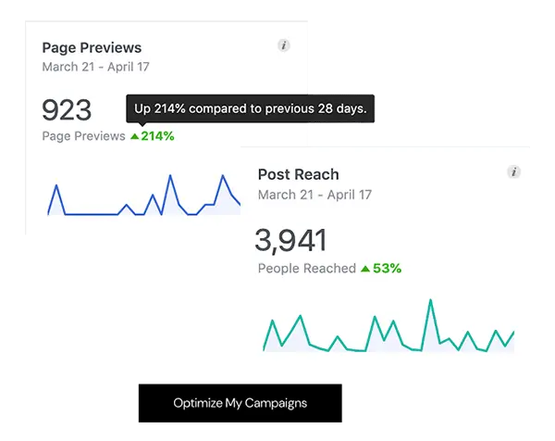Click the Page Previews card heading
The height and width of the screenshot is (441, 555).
[92, 48]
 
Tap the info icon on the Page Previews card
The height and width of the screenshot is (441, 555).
[284, 46]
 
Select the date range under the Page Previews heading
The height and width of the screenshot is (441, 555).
[95, 67]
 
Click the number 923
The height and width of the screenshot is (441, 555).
[67, 110]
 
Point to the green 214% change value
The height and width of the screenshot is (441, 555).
[157, 136]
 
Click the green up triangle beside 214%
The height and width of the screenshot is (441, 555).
[134, 136]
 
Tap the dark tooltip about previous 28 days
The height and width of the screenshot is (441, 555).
[251, 109]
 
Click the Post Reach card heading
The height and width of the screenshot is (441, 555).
[298, 174]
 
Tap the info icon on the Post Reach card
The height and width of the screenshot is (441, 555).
[514, 172]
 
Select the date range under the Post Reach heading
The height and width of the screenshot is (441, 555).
[314, 195]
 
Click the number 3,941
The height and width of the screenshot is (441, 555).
[290, 241]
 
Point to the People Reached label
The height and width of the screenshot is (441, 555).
[306, 269]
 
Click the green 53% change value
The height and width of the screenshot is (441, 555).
[388, 269]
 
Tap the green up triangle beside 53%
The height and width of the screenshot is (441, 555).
[365, 269]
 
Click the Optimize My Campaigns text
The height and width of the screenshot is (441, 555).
[240, 403]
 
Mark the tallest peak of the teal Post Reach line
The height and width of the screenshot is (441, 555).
[430, 301]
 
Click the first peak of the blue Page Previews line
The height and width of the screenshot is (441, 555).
[57, 186]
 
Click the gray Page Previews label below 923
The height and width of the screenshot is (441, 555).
[83, 136]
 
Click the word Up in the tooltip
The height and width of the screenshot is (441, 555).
[142, 109]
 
